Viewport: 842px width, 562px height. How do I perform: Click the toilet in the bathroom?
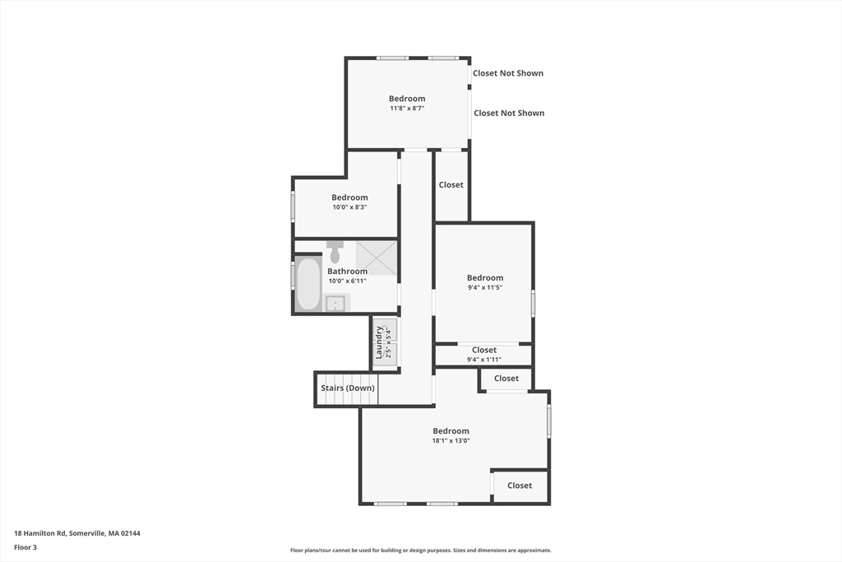click(x=335, y=252)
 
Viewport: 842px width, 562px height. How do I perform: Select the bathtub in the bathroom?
click(x=308, y=285)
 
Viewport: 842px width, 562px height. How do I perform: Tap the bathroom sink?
click(x=335, y=304)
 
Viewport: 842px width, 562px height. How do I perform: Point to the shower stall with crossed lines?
click(x=377, y=258)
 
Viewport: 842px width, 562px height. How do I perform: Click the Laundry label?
click(x=379, y=342)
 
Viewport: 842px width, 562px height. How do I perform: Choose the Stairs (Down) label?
click(x=347, y=388)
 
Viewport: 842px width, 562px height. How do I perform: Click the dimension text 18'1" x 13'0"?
click(x=451, y=440)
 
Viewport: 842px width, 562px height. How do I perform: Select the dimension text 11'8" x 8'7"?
click(x=407, y=108)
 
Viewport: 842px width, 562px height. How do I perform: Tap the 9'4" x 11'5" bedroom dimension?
click(x=484, y=287)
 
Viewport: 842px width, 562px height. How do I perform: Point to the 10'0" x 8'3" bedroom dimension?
click(x=349, y=207)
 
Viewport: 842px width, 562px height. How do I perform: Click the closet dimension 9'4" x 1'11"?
click(x=483, y=360)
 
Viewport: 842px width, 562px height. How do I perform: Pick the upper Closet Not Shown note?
click(x=508, y=73)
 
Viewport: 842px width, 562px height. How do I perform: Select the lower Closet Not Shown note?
click(x=509, y=113)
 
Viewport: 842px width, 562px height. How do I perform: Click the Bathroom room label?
click(x=348, y=272)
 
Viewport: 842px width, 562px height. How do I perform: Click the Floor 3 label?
click(x=25, y=547)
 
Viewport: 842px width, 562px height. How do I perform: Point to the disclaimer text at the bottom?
click(x=420, y=550)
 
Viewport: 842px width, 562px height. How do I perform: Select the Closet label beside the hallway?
click(x=451, y=185)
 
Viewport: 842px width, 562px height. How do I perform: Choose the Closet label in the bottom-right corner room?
click(x=520, y=485)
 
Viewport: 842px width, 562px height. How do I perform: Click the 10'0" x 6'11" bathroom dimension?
click(x=348, y=281)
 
